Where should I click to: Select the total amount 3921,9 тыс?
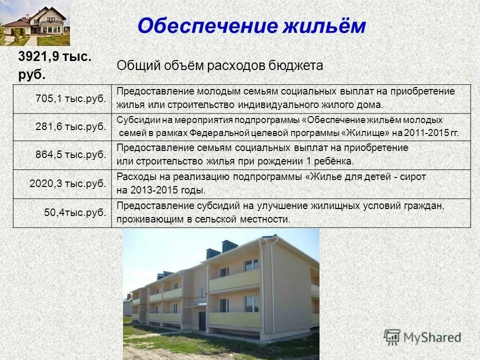pos(55,57)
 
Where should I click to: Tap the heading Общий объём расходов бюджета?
pos(220,65)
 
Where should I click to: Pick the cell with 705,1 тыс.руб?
pos(71,98)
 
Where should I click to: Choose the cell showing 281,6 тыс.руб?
pos(71,126)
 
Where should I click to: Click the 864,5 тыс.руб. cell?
pos(71,154)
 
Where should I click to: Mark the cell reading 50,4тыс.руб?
pos(75,212)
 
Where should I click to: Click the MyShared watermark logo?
pos(423,337)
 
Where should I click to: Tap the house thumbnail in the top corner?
pos(35,23)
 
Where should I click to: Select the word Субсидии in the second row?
pos(134,120)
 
